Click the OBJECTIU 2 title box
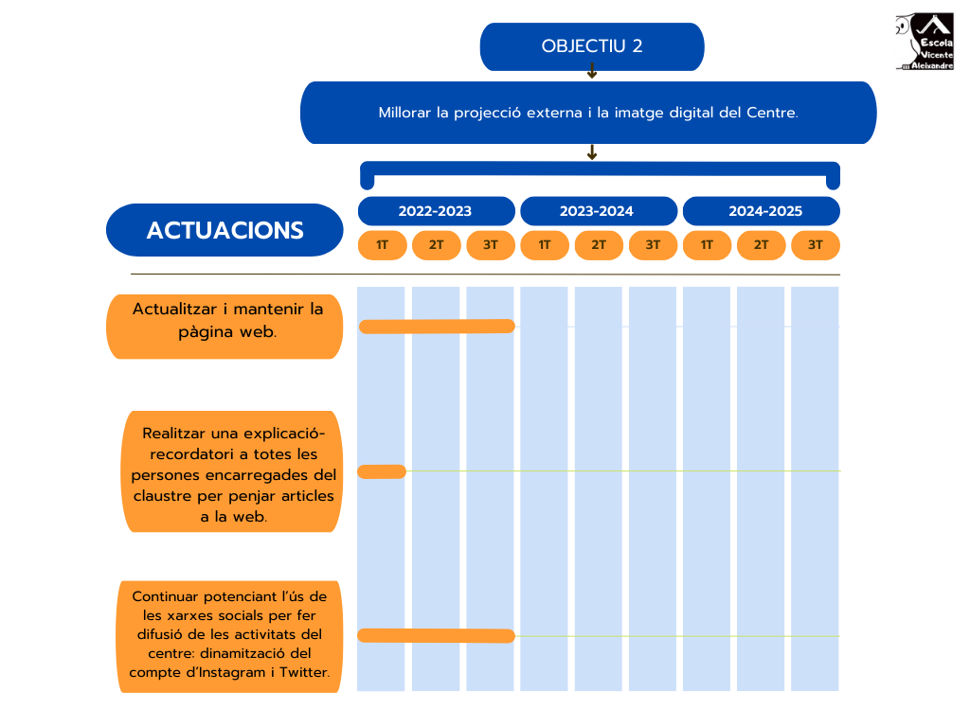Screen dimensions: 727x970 pyautogui.click(x=592, y=46)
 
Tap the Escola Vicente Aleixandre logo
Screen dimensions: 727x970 pyautogui.click(x=925, y=43)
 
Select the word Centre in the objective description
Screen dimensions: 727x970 pyautogui.click(x=771, y=113)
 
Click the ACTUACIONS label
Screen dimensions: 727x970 pyautogui.click(x=225, y=230)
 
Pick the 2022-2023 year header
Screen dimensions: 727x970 pyautogui.click(x=435, y=211)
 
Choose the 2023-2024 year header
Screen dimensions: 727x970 pyautogui.click(x=597, y=211)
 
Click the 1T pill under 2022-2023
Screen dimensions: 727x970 pyautogui.click(x=382, y=245)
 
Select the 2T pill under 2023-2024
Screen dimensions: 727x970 pyautogui.click(x=599, y=245)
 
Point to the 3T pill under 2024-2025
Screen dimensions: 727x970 pyautogui.click(x=815, y=245)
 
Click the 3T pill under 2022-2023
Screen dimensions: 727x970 pyautogui.click(x=490, y=245)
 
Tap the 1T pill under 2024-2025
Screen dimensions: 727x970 pyautogui.click(x=707, y=245)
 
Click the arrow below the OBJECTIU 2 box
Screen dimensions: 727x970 pyautogui.click(x=592, y=71)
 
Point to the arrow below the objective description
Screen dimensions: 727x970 pyautogui.click(x=592, y=151)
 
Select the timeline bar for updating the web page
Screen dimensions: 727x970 pyautogui.click(x=437, y=327)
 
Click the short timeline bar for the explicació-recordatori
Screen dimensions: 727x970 pyautogui.click(x=382, y=471)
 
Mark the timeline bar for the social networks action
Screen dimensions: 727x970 pyautogui.click(x=437, y=635)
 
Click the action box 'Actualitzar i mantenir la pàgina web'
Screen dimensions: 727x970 pyautogui.click(x=225, y=327)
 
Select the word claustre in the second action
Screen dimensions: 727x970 pyautogui.click(x=161, y=495)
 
